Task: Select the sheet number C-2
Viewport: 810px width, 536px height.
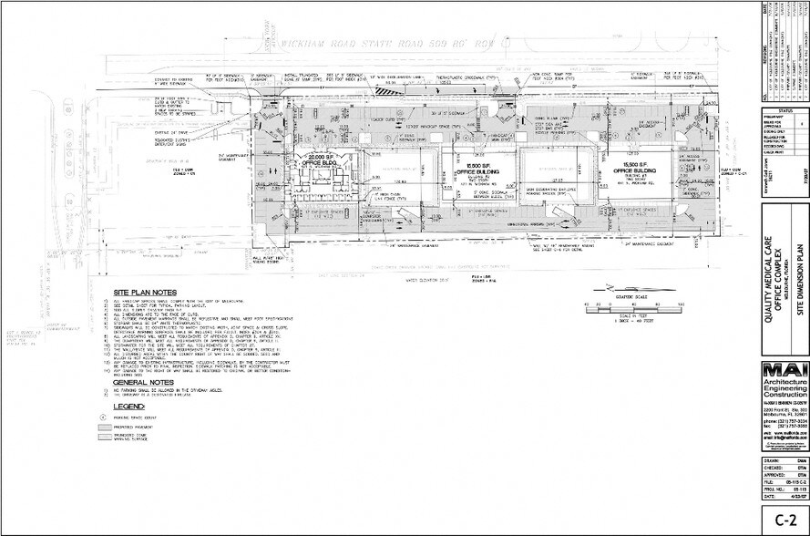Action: [782, 521]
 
